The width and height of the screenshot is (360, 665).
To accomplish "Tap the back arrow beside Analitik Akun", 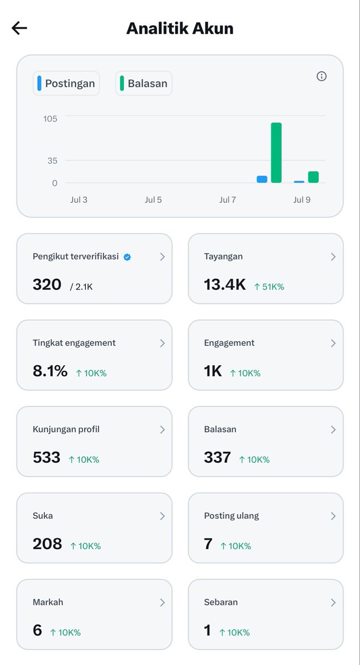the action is pos(19,28).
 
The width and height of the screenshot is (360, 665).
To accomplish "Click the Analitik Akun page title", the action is pos(180,28).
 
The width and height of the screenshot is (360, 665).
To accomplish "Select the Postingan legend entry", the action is pos(66,84).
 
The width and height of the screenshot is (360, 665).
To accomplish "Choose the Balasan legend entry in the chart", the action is pos(144,84).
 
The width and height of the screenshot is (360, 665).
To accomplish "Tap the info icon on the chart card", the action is pos(321,76).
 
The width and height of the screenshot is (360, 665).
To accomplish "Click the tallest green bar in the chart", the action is pos(276,152).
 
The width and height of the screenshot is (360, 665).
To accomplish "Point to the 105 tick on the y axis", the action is pos(50,119).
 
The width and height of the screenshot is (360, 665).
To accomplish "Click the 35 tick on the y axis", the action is pos(52,161).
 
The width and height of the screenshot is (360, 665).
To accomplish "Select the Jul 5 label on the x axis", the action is pos(153,200).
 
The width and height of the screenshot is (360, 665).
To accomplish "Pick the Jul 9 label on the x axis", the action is pos(302,200).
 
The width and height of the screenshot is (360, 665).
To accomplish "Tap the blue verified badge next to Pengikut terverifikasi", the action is pos(127,257).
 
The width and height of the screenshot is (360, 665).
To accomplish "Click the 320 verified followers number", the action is pos(47,284).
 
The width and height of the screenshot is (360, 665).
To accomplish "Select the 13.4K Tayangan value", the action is pos(225,284).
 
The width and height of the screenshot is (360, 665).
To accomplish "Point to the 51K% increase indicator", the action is pos(269,287).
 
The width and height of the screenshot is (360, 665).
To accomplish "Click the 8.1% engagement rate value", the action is pos(50,371).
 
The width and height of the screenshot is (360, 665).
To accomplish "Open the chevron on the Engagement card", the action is pos(333,343).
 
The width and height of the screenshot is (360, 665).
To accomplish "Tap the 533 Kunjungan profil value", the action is pos(47,457).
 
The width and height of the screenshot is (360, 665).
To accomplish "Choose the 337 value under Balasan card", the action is pos(217,457).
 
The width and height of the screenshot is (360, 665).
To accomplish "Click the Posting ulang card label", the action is pos(232,516).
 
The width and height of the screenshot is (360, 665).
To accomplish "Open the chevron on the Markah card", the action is pos(162,602).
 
